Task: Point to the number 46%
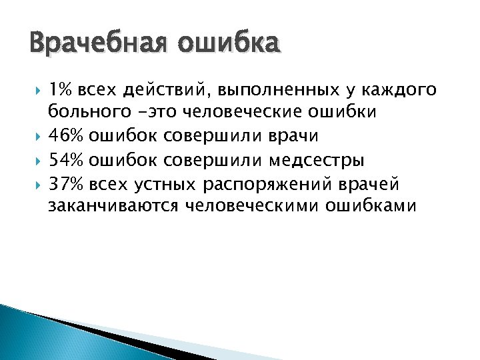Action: tap(65, 136)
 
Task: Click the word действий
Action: tap(165, 90)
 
